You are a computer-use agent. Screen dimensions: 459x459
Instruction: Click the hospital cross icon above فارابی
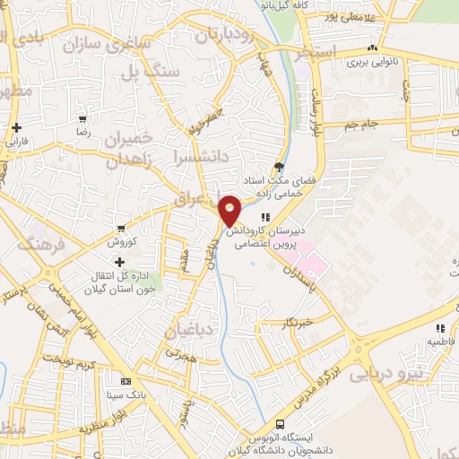[16, 127]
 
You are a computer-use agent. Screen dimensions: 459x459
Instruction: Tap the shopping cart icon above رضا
[82, 119]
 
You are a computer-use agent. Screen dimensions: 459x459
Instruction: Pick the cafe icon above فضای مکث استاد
[279, 166]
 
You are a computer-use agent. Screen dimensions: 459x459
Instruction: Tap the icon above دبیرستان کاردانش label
[264, 217]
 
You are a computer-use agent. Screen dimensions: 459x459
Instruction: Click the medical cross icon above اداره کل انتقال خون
[119, 262]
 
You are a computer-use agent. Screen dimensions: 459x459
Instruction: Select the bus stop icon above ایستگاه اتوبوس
[280, 424]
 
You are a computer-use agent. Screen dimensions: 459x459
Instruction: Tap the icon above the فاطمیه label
[439, 329]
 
